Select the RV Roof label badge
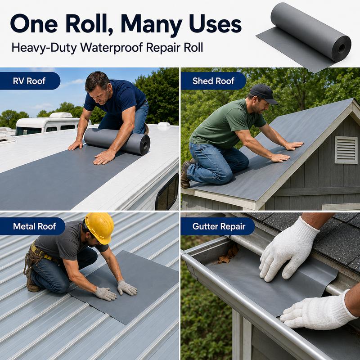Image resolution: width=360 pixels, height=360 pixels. tap(29, 81)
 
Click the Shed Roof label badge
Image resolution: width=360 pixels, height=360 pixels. tap(213, 81)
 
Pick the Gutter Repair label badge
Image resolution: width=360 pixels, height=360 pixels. tap(219, 226)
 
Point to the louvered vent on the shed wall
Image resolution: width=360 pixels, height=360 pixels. tap(346, 150)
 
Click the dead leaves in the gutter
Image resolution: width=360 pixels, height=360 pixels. tap(228, 254)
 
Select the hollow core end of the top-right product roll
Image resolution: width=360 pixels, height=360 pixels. tap(341, 49)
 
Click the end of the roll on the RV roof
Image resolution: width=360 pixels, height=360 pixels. tap(144, 144)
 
